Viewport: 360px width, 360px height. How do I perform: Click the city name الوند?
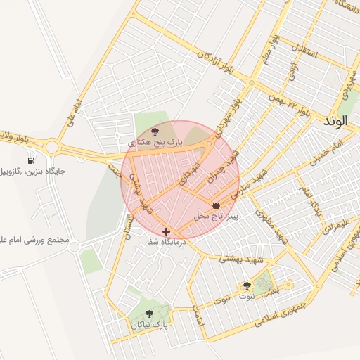click(336, 121)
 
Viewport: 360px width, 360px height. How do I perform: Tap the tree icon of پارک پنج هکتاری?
click(155, 131)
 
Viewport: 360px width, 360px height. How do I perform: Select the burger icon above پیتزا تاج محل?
click(216, 205)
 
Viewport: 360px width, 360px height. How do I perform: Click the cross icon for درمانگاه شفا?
click(166, 231)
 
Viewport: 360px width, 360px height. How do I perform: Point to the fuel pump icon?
click(31, 160)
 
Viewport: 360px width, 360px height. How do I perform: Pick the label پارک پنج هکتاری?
click(155, 142)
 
